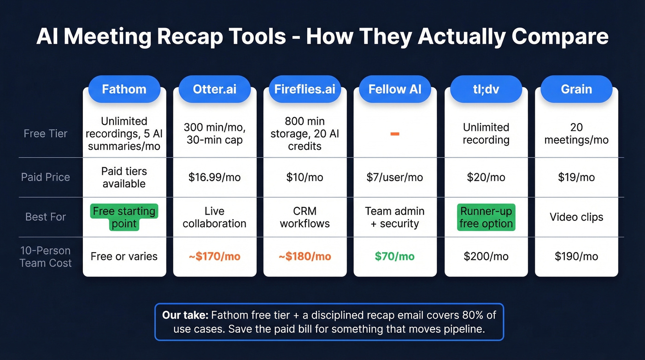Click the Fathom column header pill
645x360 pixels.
(x=124, y=89)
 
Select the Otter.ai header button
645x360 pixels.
(x=214, y=89)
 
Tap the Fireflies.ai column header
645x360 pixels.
(x=305, y=89)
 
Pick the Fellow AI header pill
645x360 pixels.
(x=395, y=89)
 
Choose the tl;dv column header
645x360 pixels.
(x=486, y=89)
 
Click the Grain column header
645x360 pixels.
(x=576, y=89)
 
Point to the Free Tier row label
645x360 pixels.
(x=46, y=134)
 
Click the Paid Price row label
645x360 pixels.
(x=46, y=177)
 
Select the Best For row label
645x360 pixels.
(x=46, y=217)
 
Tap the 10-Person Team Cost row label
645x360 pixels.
(x=46, y=257)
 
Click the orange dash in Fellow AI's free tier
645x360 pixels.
(x=395, y=134)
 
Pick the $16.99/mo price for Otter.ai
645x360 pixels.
(x=214, y=177)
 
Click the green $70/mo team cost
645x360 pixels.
(x=395, y=256)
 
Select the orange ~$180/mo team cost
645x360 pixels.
(x=305, y=256)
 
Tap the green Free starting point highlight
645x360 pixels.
(x=124, y=218)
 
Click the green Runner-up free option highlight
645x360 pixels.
(x=486, y=218)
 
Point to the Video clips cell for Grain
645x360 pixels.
(x=576, y=217)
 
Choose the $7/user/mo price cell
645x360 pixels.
(x=395, y=177)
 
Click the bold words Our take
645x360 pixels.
(x=185, y=316)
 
